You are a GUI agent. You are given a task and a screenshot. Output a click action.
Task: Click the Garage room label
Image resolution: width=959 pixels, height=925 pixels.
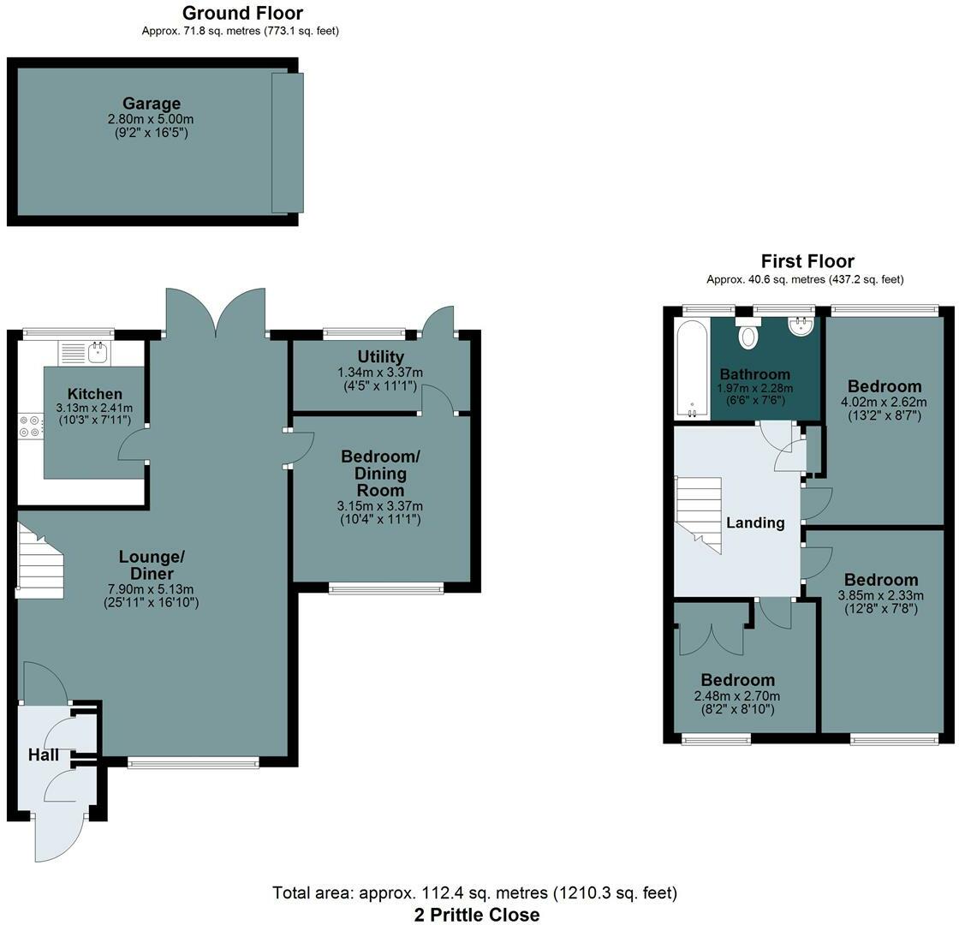[151, 104]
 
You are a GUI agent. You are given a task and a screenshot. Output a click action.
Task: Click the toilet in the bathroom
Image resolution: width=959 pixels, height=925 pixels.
[748, 333]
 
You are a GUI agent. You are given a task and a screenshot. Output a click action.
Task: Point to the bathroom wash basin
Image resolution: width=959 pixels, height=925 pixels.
[801, 326]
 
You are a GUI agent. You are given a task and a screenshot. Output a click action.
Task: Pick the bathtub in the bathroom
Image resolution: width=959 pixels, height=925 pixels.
[693, 369]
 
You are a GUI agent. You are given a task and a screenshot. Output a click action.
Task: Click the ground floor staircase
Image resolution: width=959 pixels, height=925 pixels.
[39, 560]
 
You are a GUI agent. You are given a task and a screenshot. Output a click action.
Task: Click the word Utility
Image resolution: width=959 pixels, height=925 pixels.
[380, 356]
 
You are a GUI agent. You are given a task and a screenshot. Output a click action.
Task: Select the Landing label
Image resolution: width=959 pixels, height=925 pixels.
[755, 522]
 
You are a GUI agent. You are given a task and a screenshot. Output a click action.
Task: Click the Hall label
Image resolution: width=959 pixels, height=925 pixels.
[44, 755]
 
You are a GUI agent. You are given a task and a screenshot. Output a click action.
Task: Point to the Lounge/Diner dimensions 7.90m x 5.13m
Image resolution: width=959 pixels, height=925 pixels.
[151, 589]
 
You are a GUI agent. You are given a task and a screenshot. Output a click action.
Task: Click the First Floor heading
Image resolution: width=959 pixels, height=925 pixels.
[807, 261]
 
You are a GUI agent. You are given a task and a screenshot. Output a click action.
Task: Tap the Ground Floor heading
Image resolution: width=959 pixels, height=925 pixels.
[243, 13]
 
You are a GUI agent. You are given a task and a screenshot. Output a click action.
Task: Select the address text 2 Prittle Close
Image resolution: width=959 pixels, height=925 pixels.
[477, 915]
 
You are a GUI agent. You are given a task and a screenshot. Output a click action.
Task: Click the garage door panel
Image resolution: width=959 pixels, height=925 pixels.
[288, 142]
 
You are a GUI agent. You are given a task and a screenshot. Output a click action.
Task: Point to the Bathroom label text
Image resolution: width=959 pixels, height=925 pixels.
[754, 374]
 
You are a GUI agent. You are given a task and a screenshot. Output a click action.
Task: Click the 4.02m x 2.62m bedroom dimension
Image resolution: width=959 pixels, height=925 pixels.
[885, 403]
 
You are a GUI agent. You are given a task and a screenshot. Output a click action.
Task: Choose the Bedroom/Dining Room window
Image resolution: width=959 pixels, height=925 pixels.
[386, 589]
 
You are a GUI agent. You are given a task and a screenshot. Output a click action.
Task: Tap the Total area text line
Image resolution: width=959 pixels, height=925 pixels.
[475, 893]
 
